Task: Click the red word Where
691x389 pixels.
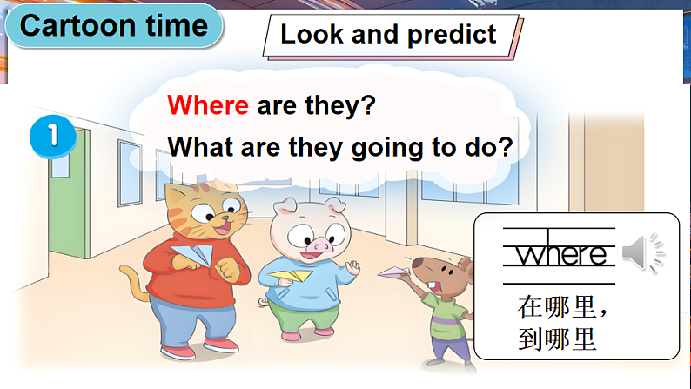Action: (208, 105)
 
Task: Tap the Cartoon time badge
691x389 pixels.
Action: (114, 25)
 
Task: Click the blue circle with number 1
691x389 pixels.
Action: (53, 136)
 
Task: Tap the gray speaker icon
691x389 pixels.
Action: (642, 252)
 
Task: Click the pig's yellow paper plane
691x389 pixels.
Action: (290, 276)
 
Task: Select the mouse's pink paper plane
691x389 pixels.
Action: (393, 272)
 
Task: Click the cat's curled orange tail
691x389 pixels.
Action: (134, 281)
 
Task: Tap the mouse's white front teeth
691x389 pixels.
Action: (433, 285)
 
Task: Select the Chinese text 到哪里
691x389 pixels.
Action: (557, 339)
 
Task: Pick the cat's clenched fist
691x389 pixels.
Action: (227, 269)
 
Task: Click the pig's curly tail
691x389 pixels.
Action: (263, 302)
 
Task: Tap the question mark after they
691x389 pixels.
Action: (367, 105)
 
